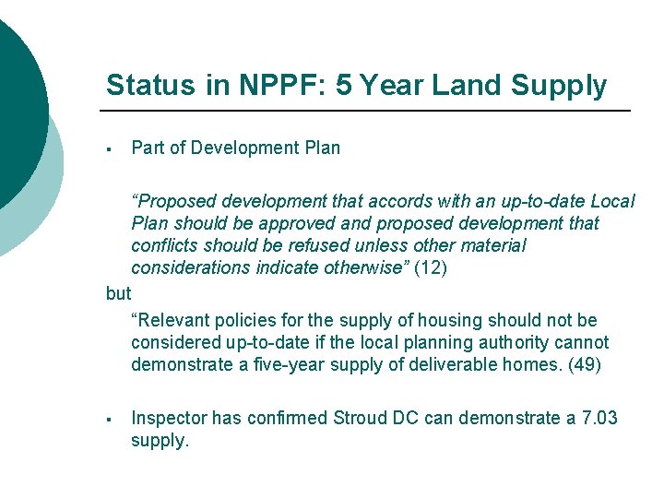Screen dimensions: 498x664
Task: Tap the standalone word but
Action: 119,294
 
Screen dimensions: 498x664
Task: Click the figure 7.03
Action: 600,419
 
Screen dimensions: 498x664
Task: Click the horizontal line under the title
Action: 368,112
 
